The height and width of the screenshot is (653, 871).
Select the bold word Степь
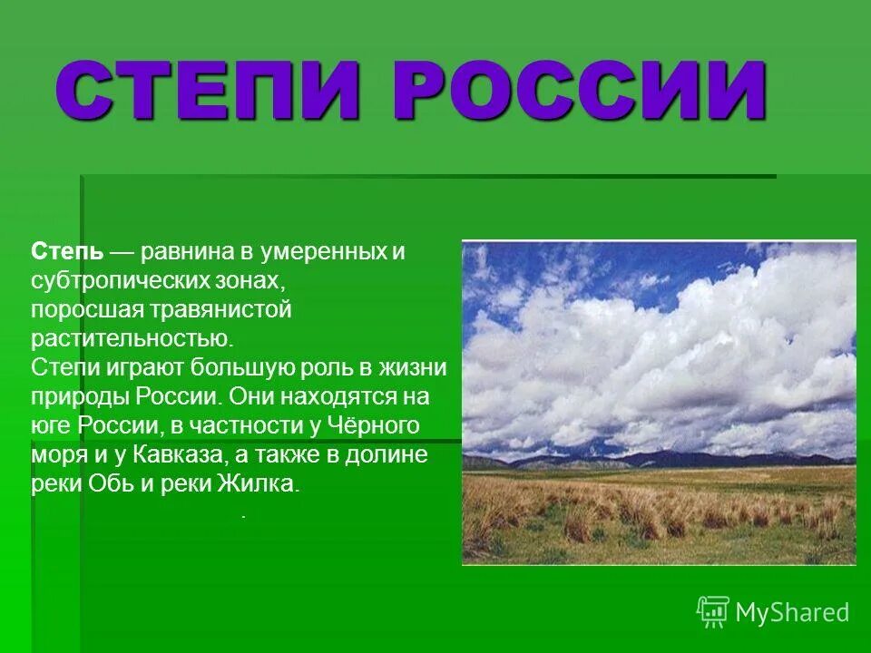[67, 251]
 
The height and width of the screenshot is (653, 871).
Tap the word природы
[81, 396]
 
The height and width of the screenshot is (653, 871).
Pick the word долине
[391, 454]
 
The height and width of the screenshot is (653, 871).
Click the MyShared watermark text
[792, 612]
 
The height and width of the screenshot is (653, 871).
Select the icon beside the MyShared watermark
[713, 612]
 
